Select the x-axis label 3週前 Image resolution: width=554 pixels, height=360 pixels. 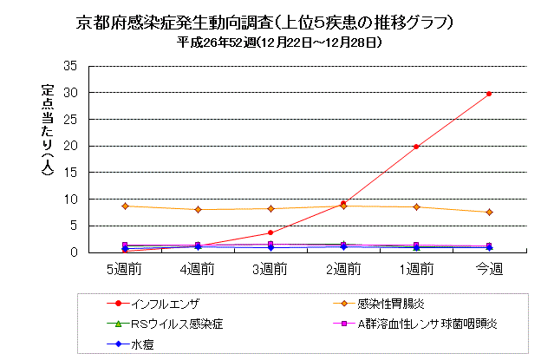tap(270, 269)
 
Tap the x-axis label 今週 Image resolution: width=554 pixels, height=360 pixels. tap(489, 269)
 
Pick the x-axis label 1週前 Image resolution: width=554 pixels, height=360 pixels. tap(416, 269)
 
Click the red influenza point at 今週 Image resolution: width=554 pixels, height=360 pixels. tap(489, 94)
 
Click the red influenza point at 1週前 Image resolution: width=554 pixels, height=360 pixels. tap(416, 147)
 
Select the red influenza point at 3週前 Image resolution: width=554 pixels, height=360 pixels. tap(270, 232)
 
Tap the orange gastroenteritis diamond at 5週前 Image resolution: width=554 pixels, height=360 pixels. tap(125, 206)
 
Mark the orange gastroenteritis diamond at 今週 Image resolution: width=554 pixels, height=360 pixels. tap(489, 212)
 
